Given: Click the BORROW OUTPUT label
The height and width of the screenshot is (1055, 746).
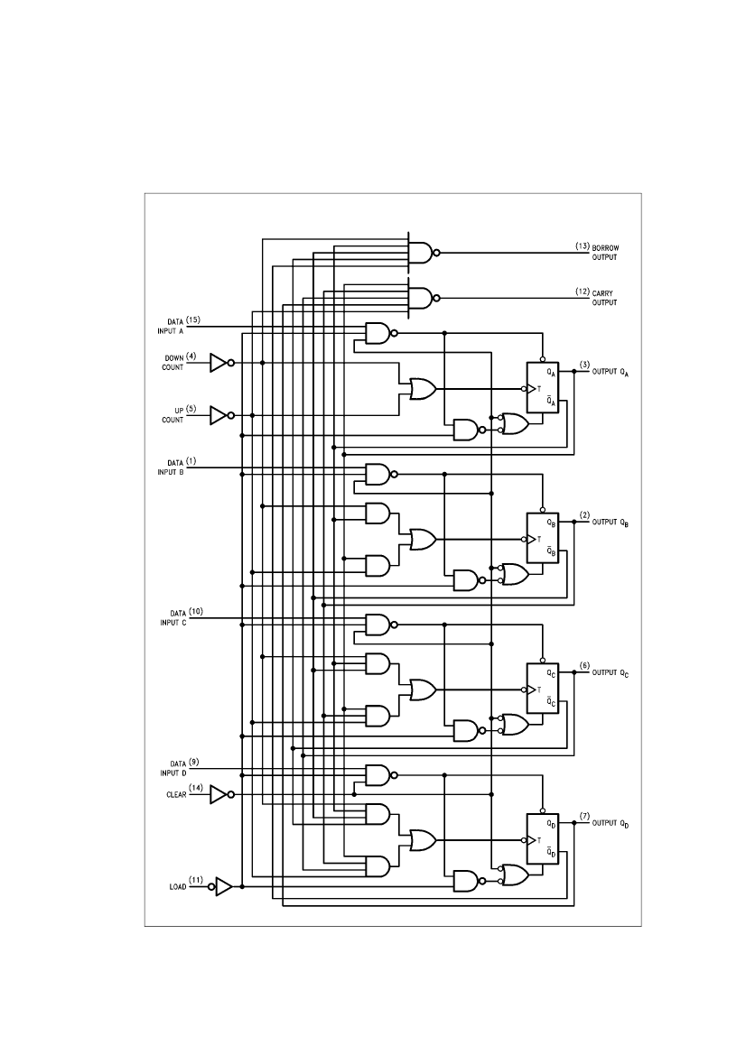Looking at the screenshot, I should coord(605,251).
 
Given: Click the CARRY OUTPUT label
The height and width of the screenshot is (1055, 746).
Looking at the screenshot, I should coord(604,298).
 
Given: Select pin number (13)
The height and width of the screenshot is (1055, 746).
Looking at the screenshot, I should coord(583,245).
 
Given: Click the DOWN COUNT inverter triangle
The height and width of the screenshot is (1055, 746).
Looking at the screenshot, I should coord(219,363).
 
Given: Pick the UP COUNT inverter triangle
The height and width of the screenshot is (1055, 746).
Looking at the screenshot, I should coord(219,415).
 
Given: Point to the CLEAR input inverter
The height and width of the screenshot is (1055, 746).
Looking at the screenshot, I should coord(219,794).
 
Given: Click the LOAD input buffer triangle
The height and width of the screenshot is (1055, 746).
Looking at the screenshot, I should coord(223,886).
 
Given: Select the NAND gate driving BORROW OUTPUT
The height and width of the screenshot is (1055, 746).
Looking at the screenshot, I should coord(420,253).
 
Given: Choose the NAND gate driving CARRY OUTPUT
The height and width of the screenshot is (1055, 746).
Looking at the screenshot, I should coord(420,298).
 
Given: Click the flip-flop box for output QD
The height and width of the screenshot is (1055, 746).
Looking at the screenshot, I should coord(543,839).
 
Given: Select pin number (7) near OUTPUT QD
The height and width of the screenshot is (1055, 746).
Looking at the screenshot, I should coord(583,817).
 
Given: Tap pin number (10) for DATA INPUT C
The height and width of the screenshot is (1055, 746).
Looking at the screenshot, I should coord(196,612).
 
